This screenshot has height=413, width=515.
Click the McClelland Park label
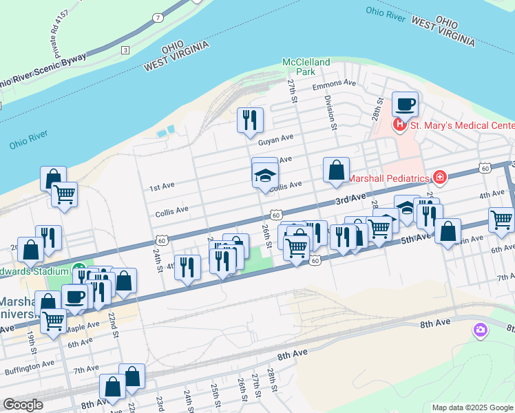click(306, 66)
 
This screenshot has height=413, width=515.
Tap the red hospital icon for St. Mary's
click(399, 125)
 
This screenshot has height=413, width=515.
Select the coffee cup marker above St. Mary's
click(406, 105)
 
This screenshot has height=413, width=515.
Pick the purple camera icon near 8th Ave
click(480, 330)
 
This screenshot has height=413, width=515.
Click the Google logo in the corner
click(23, 405)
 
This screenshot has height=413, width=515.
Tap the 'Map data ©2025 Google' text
click(472, 407)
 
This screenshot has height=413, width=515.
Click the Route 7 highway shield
click(158, 17)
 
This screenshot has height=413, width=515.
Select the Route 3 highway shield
click(125, 50)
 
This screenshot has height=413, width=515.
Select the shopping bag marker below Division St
click(336, 171)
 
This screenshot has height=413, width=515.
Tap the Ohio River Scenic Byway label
click(41, 71)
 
